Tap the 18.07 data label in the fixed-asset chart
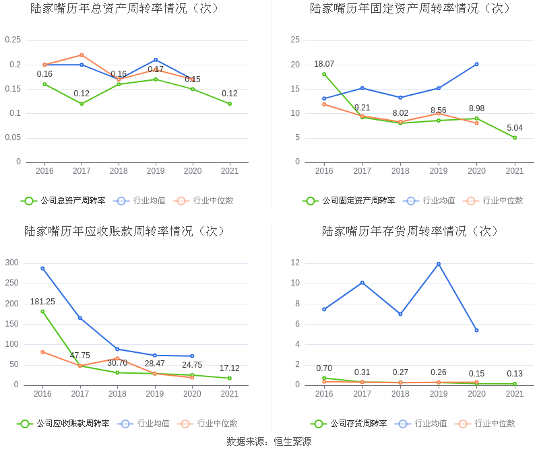point(324,64)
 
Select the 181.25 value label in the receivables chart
point(42,302)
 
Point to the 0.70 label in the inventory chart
point(324,368)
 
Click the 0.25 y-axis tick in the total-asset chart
point(13,40)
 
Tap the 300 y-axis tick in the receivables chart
point(11,263)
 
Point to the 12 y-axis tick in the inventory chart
point(295,263)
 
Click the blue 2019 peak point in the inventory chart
point(439,264)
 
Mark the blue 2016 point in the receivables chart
point(42,268)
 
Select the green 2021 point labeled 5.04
point(515,137)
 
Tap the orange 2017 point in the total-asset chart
point(82,55)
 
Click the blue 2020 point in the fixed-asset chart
point(476,64)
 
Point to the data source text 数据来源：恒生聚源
point(269,442)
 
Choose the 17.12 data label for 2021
point(230,368)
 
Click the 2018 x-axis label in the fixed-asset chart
point(400,171)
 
